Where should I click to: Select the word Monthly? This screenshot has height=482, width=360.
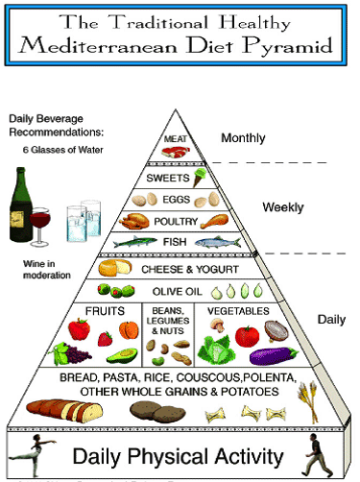pos(244,139)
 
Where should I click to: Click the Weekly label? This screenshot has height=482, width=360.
pos(283,207)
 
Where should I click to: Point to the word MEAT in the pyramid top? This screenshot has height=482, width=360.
pos(176,141)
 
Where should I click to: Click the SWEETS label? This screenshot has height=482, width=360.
pos(169,179)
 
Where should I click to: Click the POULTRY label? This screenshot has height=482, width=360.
pos(175,221)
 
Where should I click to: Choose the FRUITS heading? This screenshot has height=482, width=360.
pos(106,311)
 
